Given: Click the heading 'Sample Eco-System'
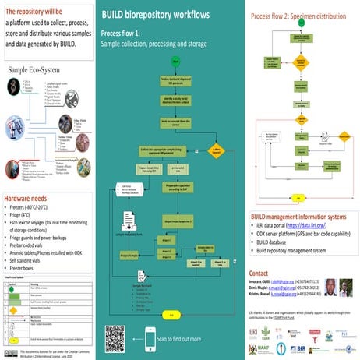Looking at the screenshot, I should click(40, 69).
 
